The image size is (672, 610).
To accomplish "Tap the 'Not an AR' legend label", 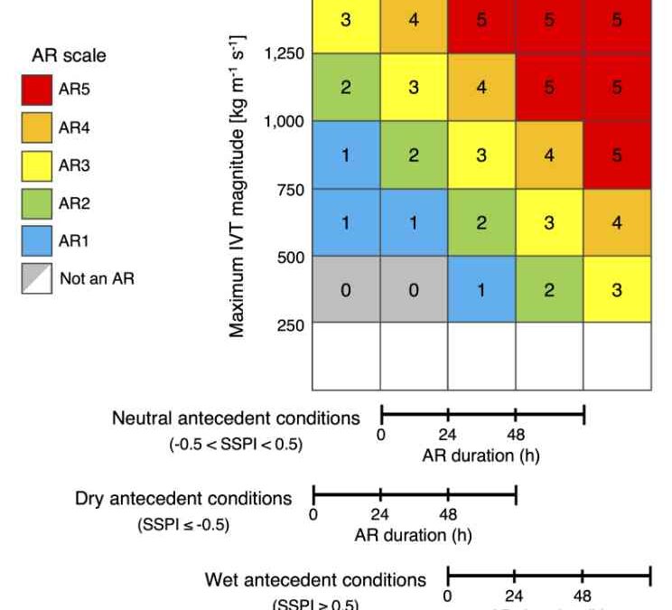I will coord(97,279).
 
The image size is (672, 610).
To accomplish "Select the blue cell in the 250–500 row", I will coord(481,290).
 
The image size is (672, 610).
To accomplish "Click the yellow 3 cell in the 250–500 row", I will coord(616,290).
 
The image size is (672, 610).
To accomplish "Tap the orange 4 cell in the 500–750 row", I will coord(616,222).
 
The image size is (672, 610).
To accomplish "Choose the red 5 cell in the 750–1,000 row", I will coord(616,155).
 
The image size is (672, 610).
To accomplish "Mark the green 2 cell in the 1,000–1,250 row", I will coord(346,88).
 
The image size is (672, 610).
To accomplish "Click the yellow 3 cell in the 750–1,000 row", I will coord(481,155).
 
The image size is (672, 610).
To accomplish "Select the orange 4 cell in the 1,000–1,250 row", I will coord(481,88).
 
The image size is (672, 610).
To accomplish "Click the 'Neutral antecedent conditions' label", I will coord(236,418).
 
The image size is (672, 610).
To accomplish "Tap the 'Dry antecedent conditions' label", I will coord(183,498).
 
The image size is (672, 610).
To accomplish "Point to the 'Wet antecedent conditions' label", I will coord(315,578).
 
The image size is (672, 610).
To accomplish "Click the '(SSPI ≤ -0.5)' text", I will coord(183,524).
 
